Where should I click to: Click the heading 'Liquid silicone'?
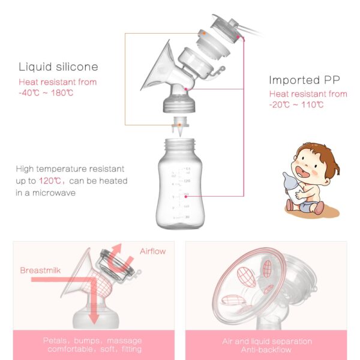(x=58, y=67)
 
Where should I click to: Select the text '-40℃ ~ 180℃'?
(x=46, y=92)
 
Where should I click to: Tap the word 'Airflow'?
(x=152, y=251)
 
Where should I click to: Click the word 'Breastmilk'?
(x=41, y=270)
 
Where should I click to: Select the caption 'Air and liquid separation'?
(x=267, y=341)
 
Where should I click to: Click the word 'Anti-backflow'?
(x=266, y=349)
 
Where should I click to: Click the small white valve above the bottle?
(x=178, y=127)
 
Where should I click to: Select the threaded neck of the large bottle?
(x=179, y=146)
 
